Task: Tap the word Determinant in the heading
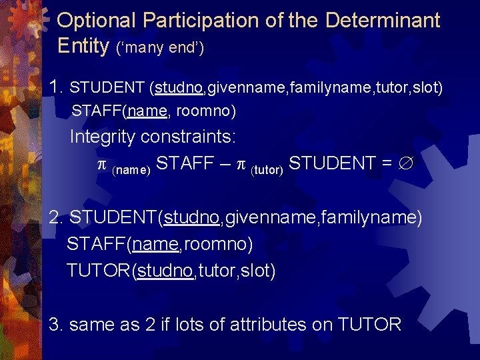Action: click(383, 21)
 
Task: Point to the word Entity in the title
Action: click(83, 46)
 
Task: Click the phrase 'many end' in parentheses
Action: click(160, 48)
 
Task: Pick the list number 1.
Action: click(56, 87)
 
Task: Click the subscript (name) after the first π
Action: click(132, 169)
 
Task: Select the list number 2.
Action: click(56, 218)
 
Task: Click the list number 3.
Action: click(56, 325)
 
